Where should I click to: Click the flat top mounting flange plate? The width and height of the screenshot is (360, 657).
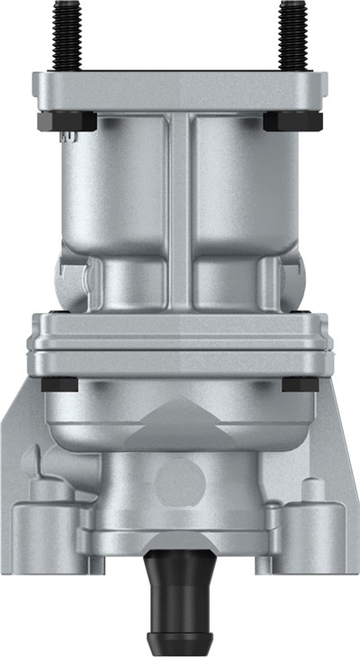pyautogui.click(x=180, y=90)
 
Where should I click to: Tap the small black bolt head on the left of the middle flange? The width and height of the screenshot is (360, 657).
pyautogui.click(x=60, y=384)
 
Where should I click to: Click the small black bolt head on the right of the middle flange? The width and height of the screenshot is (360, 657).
pyautogui.click(x=300, y=384)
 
